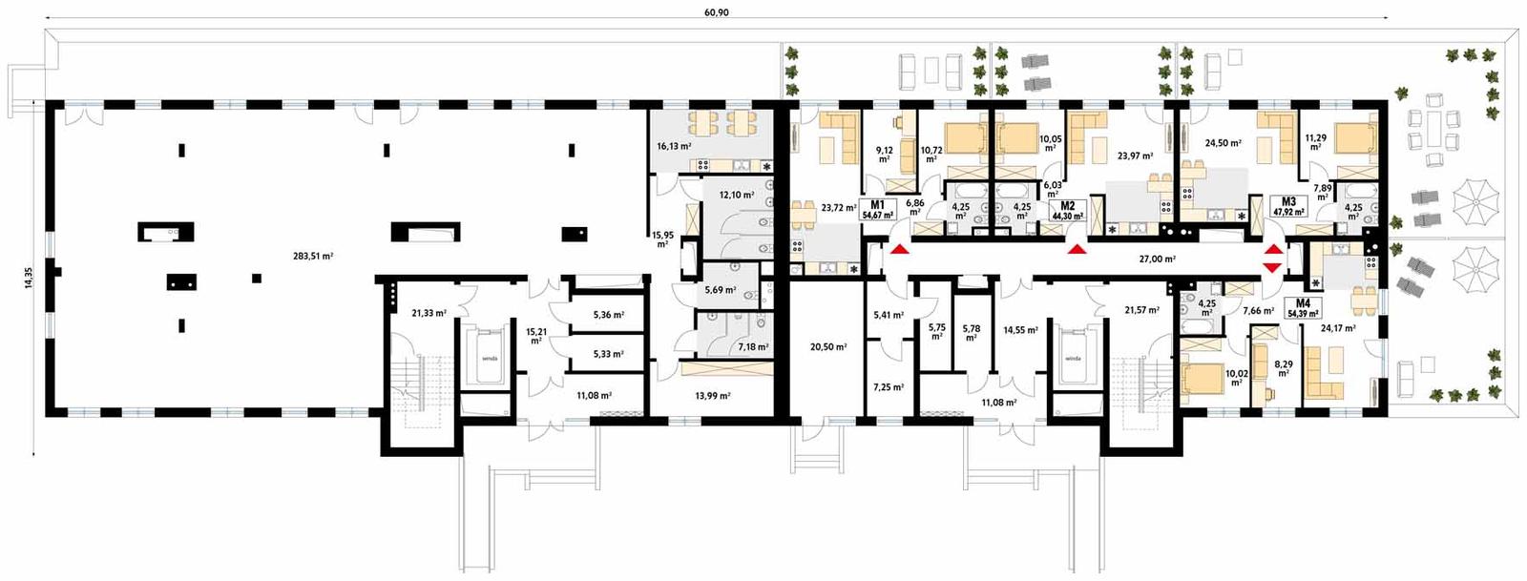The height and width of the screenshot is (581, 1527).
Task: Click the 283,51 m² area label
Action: [313, 256]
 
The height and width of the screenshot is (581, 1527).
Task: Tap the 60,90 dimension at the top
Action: [716, 12]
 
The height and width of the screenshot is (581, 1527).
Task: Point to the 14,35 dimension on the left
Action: [29, 278]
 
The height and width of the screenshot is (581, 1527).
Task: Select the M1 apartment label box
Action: [877, 210]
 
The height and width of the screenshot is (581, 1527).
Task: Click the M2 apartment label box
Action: [1067, 211]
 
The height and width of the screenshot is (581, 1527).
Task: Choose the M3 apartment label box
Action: [1288, 207]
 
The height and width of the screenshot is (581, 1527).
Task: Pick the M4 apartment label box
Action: [1303, 308]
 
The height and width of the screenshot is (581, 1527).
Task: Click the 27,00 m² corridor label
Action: [1157, 259]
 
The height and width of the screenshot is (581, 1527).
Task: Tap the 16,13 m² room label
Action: [674, 147]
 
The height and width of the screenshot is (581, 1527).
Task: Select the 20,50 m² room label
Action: [827, 347]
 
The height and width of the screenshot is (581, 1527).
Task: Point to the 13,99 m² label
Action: [712, 395]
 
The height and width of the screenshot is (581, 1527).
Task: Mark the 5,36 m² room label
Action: [608, 314]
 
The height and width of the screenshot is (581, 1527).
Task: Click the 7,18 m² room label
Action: [753, 347]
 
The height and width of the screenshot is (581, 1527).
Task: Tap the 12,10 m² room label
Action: [737, 195]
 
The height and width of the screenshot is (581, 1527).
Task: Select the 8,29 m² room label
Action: [1284, 367]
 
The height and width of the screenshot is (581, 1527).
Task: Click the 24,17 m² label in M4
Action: [1338, 328]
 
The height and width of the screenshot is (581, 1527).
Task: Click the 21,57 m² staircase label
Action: [1141, 310]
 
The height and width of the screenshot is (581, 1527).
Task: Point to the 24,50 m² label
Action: [1223, 143]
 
